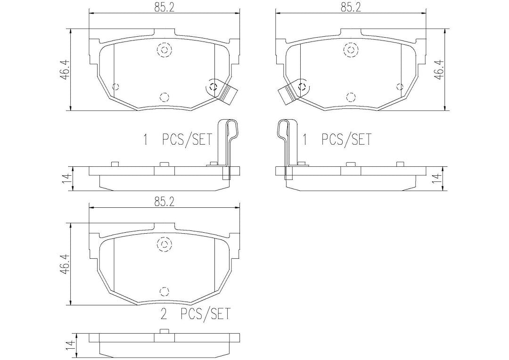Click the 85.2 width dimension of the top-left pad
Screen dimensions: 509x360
pos(164,7)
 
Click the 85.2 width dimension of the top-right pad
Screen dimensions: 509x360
pos(351,7)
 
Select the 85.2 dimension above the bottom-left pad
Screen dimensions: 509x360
pos(164,202)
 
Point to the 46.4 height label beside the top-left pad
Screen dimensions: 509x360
pos(65,69)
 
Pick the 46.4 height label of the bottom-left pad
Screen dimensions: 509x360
pos(65,264)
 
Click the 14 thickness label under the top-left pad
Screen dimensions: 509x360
pos(66,179)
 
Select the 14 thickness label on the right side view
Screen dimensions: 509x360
pos(439,179)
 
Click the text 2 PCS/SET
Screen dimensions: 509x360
pos(195,313)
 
